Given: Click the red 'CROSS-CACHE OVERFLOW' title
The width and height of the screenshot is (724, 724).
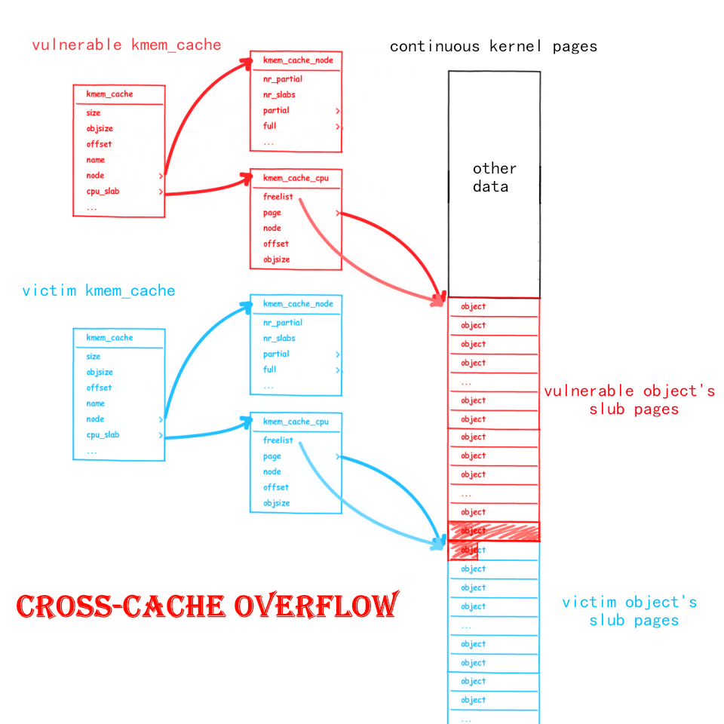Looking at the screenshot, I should pyautogui.click(x=207, y=606).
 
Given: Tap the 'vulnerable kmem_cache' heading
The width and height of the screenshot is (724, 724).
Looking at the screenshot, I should pyautogui.click(x=126, y=44).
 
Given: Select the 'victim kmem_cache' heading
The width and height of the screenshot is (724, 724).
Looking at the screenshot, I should pyautogui.click(x=98, y=290).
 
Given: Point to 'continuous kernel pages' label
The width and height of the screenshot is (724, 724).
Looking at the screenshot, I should pyautogui.click(x=493, y=46).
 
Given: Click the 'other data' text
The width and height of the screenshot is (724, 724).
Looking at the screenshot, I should pyautogui.click(x=494, y=177).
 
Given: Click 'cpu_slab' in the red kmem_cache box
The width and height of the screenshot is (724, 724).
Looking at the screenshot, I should pyautogui.click(x=103, y=191).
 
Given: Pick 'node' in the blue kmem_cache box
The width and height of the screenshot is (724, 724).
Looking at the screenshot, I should pyautogui.click(x=95, y=419).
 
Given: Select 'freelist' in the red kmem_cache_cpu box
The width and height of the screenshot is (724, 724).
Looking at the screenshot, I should pyautogui.click(x=278, y=197).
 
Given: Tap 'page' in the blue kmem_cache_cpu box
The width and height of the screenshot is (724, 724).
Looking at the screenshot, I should pyautogui.click(x=271, y=456).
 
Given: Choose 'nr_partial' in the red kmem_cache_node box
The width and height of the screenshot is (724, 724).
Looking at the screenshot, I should pyautogui.click(x=283, y=79).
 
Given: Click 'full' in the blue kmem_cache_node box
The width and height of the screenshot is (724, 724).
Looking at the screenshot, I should pyautogui.click(x=269, y=370).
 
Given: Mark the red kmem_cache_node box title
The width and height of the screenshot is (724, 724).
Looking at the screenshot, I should pyautogui.click(x=297, y=60).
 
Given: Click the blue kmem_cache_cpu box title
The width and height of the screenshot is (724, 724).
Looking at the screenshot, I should pyautogui.click(x=295, y=422).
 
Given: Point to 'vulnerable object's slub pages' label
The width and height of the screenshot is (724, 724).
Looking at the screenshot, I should pyautogui.click(x=629, y=400).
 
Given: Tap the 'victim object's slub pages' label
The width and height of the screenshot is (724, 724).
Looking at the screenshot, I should pyautogui.click(x=629, y=611).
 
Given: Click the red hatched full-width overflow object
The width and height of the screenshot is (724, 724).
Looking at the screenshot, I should pyautogui.click(x=494, y=531).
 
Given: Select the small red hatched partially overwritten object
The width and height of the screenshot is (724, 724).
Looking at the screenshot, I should pyautogui.click(x=463, y=551).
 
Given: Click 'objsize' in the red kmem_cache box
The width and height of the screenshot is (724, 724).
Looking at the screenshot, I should pyautogui.click(x=99, y=128).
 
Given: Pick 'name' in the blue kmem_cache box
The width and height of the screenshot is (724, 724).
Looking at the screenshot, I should pyautogui.click(x=95, y=403).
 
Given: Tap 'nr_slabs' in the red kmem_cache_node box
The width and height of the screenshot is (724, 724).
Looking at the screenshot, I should pyautogui.click(x=279, y=95).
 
